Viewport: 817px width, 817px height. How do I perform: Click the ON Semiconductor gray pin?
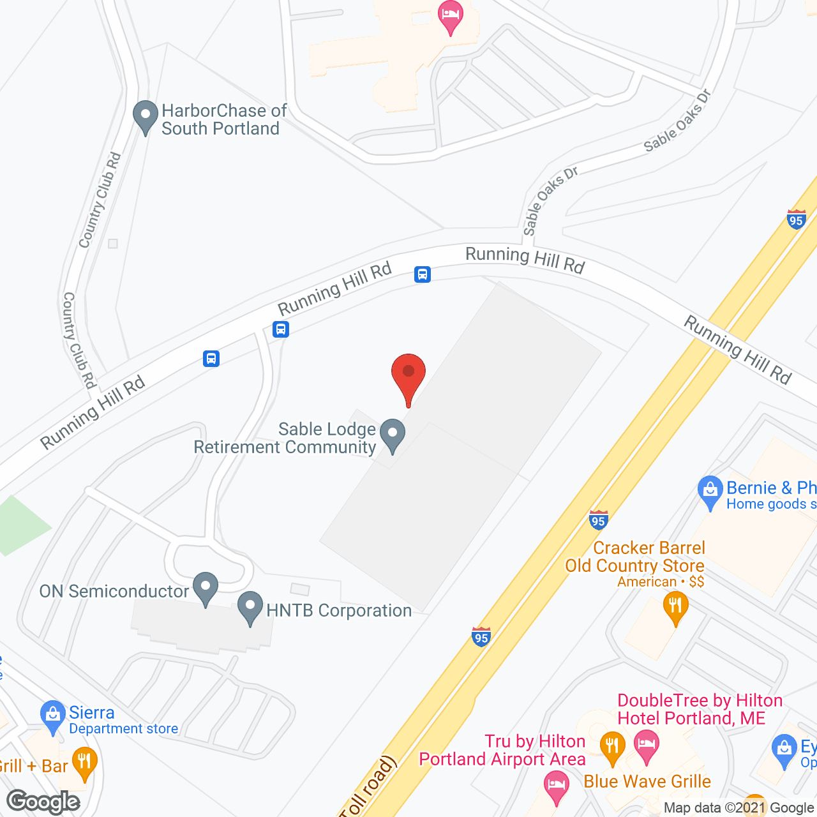pyautogui.click(x=206, y=588)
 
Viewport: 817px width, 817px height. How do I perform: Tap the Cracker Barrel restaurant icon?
pyautogui.click(x=675, y=607)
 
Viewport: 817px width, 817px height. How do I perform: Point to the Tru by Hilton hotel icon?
pyautogui.click(x=556, y=786)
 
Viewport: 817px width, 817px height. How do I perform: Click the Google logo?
pyautogui.click(x=43, y=802)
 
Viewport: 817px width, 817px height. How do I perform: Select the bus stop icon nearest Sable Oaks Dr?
pyautogui.click(x=423, y=274)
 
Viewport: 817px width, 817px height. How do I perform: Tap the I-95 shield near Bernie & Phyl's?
pyautogui.click(x=598, y=520)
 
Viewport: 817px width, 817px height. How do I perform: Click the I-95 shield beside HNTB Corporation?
pyautogui.click(x=481, y=636)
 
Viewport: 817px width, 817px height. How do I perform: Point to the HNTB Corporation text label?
pyautogui.click(x=339, y=611)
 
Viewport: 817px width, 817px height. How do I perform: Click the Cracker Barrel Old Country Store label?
pyautogui.click(x=634, y=557)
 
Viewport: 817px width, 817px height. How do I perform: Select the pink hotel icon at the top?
pyautogui.click(x=451, y=17)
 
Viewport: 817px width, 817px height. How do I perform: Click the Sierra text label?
pyautogui.click(x=92, y=712)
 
